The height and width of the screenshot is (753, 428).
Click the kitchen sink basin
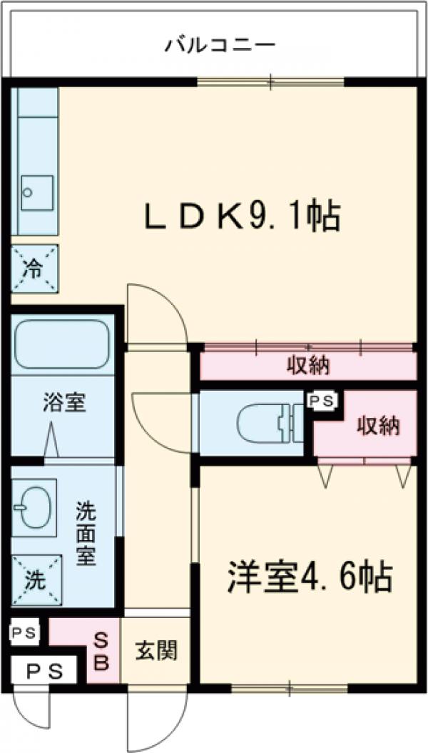(36, 191)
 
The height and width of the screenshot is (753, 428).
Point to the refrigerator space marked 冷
(34, 269)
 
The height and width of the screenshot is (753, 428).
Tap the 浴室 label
(63, 403)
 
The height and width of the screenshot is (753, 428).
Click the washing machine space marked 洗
(34, 579)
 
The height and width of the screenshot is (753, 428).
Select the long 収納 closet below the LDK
(308, 366)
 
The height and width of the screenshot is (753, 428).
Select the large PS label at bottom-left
(45, 672)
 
